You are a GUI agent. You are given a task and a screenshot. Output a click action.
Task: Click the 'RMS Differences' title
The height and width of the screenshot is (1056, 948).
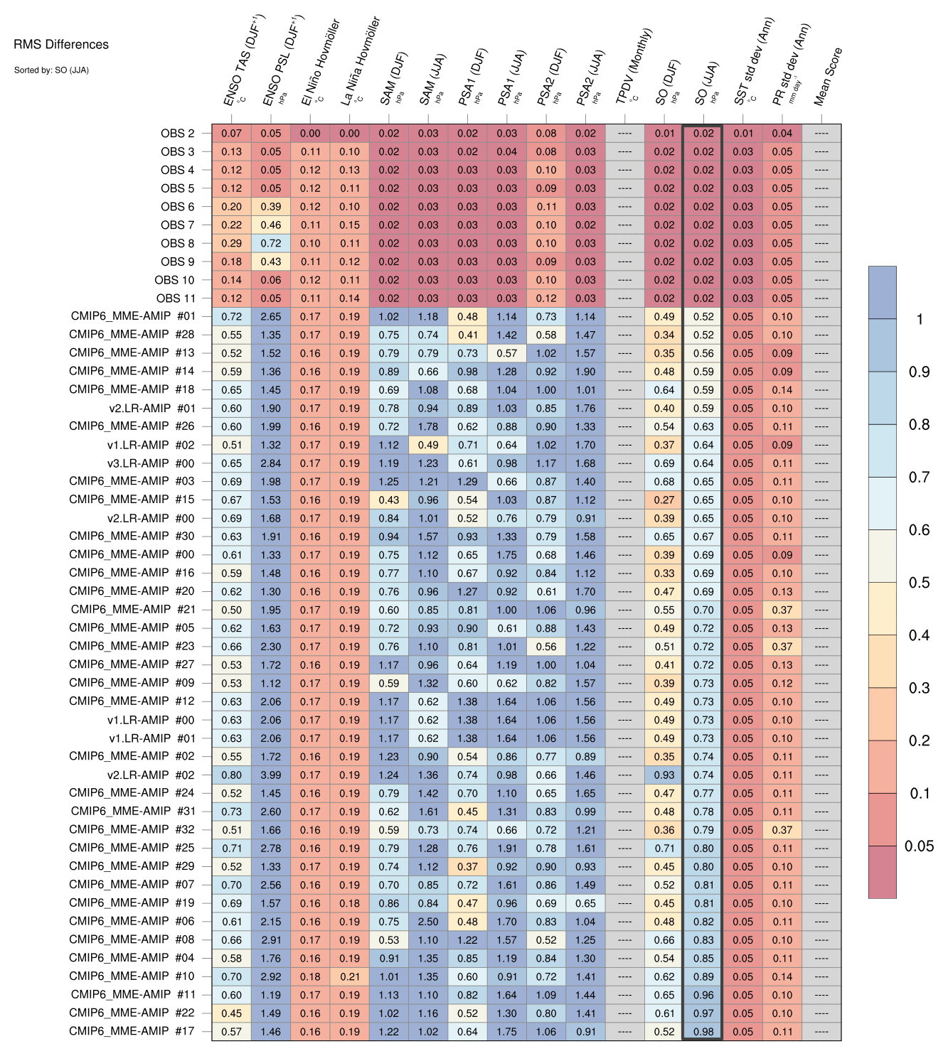(61, 44)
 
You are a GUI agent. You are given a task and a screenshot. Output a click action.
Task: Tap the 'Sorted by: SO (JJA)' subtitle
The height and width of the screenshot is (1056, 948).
(51, 70)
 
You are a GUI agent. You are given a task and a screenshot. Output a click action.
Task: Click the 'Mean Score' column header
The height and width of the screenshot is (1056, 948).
(829, 77)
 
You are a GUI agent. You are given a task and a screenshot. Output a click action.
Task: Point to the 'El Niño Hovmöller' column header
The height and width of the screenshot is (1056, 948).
(321, 62)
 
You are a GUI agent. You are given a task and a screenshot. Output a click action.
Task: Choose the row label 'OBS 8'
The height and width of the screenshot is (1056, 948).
(177, 244)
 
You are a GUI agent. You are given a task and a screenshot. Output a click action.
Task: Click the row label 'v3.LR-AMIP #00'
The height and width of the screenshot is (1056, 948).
(151, 463)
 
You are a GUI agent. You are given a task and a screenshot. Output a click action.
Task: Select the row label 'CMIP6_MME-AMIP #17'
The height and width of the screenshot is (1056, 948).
(132, 1031)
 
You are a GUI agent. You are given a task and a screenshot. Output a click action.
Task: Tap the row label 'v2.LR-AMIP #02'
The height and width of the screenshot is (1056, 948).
(151, 775)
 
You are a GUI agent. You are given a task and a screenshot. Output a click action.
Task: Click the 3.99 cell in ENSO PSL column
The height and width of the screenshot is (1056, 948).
(271, 775)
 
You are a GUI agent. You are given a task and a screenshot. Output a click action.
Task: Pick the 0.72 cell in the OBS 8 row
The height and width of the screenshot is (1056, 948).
(271, 244)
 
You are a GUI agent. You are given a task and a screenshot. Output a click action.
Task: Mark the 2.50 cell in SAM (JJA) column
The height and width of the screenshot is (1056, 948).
(428, 922)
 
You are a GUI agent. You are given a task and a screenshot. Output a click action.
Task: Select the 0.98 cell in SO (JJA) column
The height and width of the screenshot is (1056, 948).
(703, 1032)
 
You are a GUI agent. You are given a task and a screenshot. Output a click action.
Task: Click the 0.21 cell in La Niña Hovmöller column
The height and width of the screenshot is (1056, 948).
(350, 977)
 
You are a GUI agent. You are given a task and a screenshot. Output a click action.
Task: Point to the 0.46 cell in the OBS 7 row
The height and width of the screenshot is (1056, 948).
(271, 225)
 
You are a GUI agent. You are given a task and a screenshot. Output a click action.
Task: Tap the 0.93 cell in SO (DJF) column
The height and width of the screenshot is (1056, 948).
(664, 775)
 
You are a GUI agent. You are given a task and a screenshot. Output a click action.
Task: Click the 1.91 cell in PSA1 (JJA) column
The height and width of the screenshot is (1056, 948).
(506, 848)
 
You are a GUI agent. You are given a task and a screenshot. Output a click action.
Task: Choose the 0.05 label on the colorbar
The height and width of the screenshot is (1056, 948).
(920, 846)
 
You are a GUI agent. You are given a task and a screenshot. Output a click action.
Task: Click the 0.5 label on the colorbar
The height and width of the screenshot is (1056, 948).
(920, 583)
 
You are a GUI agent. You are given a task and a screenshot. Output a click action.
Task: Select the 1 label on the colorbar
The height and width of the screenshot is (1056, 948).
(920, 319)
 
